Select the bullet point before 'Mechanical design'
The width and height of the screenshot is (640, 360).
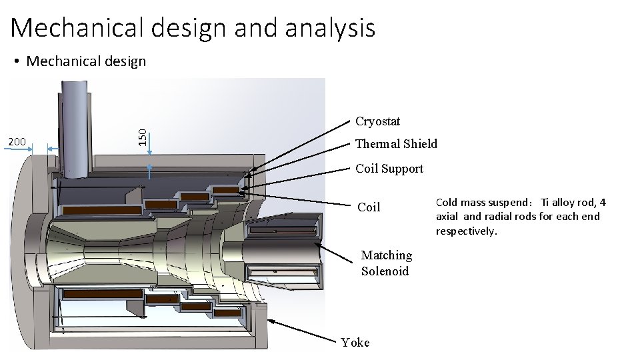17,62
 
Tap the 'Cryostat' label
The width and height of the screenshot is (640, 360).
377,121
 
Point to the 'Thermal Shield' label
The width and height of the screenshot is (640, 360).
396,144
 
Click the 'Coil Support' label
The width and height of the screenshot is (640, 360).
389,169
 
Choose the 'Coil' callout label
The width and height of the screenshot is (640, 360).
369,207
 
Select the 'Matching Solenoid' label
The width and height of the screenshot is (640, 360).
386,263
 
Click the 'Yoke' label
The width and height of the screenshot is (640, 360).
355,343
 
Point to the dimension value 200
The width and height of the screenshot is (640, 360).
16,142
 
